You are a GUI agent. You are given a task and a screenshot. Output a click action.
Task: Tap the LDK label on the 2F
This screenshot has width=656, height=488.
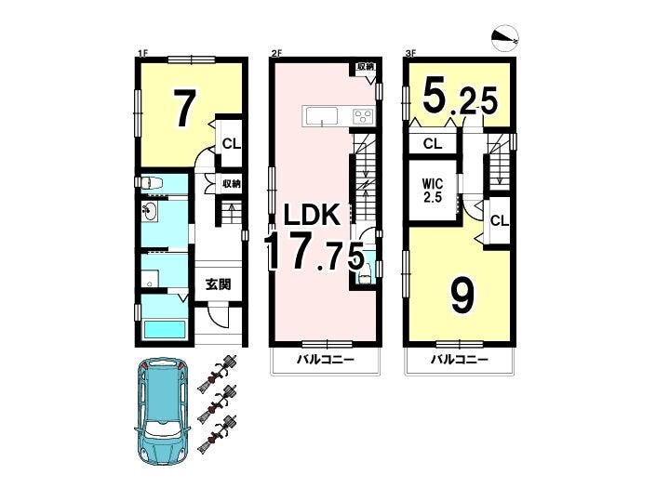[x=311, y=216]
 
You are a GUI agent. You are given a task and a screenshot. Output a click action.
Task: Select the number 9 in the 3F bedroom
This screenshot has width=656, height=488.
[x=463, y=297]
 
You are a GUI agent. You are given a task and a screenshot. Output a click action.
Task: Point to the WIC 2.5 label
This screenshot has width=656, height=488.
[x=433, y=191]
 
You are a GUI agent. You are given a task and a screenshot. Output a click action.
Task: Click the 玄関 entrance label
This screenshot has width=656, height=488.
[x=218, y=284]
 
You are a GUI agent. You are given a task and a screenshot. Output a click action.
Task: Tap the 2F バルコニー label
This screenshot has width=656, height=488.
[x=326, y=360]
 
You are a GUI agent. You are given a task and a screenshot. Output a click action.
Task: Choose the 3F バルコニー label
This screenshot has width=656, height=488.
[x=460, y=360]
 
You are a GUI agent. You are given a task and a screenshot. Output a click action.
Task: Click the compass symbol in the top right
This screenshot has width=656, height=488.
[x=506, y=38]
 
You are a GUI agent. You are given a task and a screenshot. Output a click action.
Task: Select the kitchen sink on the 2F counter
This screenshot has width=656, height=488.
[x=322, y=116]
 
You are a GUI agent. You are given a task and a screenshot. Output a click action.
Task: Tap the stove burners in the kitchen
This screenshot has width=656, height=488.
[x=363, y=116]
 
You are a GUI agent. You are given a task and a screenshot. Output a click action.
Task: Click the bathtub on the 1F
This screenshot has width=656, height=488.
[x=164, y=329]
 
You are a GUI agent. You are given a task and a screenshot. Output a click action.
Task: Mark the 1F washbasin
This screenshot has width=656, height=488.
[x=150, y=212]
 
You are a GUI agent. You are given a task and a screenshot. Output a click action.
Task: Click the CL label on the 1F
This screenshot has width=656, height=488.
[x=232, y=144]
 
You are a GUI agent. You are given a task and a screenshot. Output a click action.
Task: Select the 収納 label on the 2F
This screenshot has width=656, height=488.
[x=365, y=66]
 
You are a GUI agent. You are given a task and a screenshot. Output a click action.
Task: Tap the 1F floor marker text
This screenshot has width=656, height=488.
[x=143, y=53]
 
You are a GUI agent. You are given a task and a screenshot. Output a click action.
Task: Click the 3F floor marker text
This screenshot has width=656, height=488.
[x=410, y=53]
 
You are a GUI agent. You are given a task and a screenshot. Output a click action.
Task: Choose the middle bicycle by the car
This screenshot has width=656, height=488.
[x=217, y=402]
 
